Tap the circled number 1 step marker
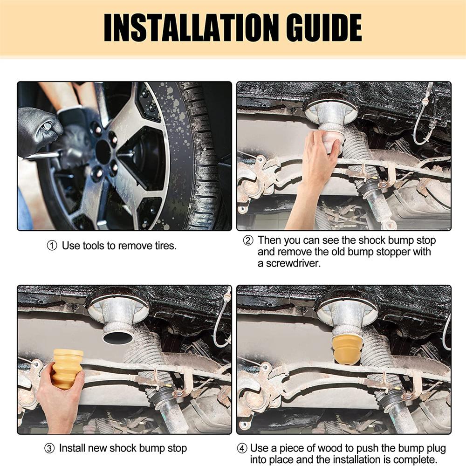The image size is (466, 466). click(x=52, y=246)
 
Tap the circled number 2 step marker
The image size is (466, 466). click(x=248, y=240)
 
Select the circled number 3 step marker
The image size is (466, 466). click(x=49, y=448)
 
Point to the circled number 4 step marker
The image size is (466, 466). click(x=242, y=448)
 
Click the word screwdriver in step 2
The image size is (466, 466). click(x=293, y=263)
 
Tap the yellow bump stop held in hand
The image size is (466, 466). click(x=68, y=369)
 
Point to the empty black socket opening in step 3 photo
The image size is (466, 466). click(x=118, y=337)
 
